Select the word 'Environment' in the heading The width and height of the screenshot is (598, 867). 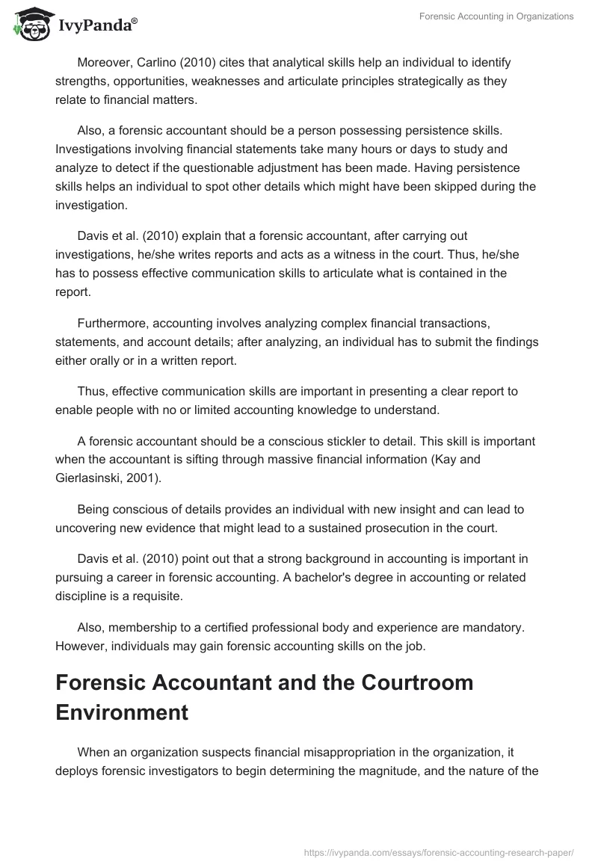point(122,712)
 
